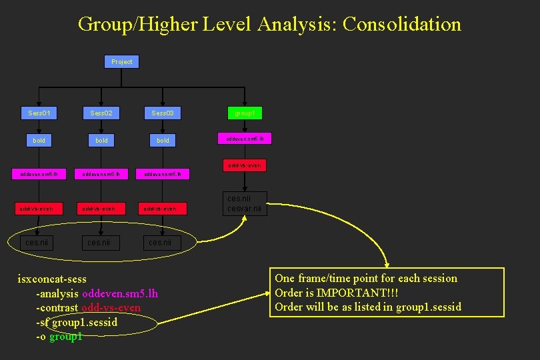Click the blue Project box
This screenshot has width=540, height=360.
pyautogui.click(x=122, y=61)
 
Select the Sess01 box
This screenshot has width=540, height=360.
pyautogui.click(x=39, y=113)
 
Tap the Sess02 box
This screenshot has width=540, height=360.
pyautogui.click(x=101, y=113)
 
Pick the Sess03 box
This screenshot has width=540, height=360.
pyautogui.click(x=163, y=113)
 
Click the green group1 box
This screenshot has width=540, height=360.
pyautogui.click(x=245, y=113)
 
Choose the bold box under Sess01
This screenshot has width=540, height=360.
pyautogui.click(x=39, y=140)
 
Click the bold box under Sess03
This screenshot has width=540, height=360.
pyautogui.click(x=163, y=140)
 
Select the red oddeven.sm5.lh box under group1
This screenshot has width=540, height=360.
pyautogui.click(x=245, y=139)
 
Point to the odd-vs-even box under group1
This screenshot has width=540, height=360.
pyautogui.click(x=245, y=165)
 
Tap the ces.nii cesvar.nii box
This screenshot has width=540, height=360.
pyautogui.click(x=245, y=203)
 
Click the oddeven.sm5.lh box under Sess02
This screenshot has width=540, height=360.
pyautogui.click(x=101, y=175)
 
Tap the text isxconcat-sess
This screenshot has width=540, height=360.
pyautogui.click(x=52, y=279)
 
